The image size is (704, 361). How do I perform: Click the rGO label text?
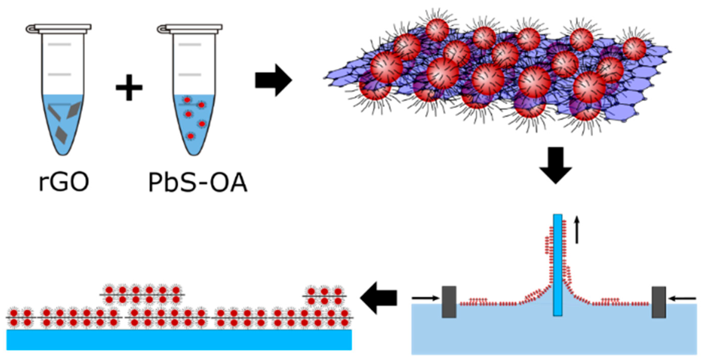[64, 183]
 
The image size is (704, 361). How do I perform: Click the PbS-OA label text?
[198, 183]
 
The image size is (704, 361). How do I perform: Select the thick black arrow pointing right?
[273, 80]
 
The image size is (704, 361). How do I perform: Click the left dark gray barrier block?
[449, 302]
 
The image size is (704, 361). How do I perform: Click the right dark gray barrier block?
[659, 302]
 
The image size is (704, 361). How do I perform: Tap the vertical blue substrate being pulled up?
[558, 265]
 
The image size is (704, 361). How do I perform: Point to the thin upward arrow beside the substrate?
[577, 230]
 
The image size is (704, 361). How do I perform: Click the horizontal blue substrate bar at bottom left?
[179, 340]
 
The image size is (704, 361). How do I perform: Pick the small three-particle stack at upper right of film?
[324, 296]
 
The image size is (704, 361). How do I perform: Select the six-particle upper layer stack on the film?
[142, 295]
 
